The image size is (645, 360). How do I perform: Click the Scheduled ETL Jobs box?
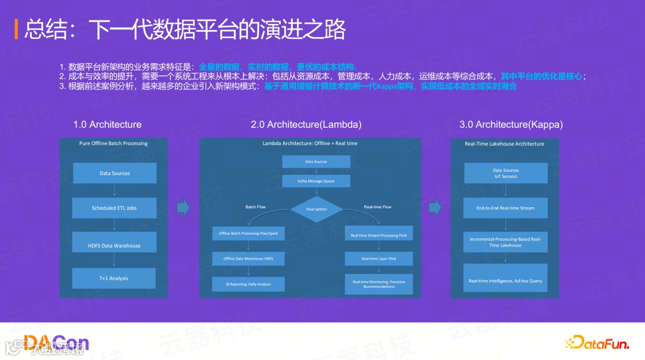point(115,208)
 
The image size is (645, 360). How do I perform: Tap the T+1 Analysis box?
point(114,278)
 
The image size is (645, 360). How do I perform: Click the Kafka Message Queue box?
point(316,181)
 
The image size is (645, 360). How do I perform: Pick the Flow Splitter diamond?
point(317,209)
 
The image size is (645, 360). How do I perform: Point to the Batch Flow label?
point(256,207)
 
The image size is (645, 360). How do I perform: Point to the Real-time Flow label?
point(377,207)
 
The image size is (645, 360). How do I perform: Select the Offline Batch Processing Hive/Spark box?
point(248,233)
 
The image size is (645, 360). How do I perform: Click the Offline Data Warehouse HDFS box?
point(248,259)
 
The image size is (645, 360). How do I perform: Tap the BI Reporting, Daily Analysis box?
point(248,284)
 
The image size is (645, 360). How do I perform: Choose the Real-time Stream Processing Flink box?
point(379,235)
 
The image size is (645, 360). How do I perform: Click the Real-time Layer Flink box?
point(379,259)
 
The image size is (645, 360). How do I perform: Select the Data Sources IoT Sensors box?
point(506,173)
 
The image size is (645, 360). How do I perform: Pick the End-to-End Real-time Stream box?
point(506,208)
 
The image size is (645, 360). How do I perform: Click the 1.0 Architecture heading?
point(107,125)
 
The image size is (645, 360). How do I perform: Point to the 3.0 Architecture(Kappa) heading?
point(511,125)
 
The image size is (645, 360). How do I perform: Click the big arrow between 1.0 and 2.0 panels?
point(183,207)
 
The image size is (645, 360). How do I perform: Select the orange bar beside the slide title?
point(16,29)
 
